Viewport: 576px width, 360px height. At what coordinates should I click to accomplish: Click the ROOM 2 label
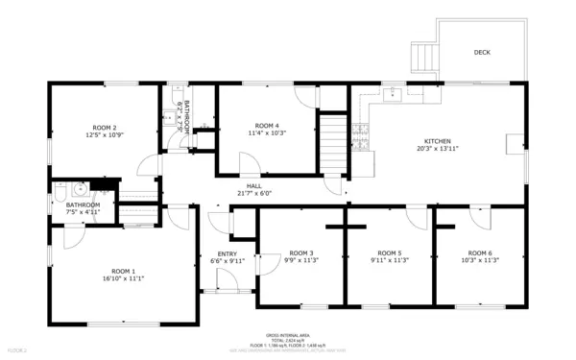(x=104, y=128)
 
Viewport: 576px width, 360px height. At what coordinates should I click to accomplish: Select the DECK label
(x=482, y=53)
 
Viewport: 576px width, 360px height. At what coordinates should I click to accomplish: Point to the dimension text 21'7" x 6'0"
(x=254, y=193)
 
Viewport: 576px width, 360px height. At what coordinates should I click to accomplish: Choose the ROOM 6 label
(x=479, y=252)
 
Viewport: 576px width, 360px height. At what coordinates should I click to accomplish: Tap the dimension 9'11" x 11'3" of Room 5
(x=390, y=260)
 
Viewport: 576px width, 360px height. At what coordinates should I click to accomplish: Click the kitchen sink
(x=393, y=95)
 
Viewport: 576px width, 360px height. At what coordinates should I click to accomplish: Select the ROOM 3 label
(x=301, y=252)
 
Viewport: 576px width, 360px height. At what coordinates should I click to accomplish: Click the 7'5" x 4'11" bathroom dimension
(x=84, y=212)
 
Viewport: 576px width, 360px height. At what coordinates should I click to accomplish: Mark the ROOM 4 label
(x=267, y=126)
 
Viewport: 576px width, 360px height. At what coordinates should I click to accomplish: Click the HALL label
(x=254, y=185)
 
